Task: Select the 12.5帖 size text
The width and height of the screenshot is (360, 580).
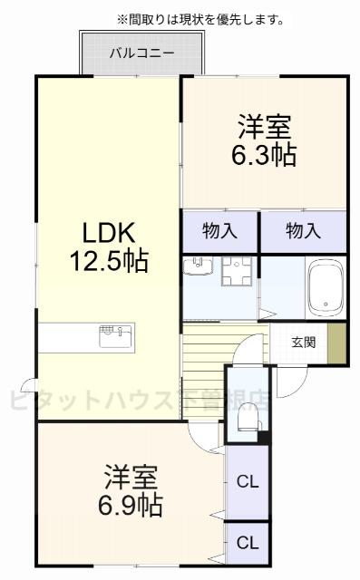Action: (x=109, y=262)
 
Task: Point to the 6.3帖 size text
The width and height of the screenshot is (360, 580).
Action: (x=266, y=154)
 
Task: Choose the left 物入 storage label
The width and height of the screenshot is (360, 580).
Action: (x=219, y=230)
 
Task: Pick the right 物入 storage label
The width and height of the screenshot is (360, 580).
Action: (x=303, y=230)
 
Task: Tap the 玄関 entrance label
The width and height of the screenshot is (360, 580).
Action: (x=304, y=342)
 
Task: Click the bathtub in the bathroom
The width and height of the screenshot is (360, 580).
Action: (x=324, y=288)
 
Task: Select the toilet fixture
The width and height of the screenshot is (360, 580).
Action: (x=246, y=416)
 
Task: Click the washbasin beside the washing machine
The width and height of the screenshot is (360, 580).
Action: (x=197, y=266)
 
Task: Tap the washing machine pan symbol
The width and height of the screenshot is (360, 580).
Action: (x=237, y=271)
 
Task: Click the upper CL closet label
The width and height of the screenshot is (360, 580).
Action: (x=248, y=481)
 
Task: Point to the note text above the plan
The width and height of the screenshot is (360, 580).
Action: (x=199, y=18)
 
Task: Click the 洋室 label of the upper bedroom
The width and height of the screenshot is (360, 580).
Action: (x=265, y=123)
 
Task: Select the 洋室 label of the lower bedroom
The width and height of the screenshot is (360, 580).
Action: (x=131, y=474)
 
